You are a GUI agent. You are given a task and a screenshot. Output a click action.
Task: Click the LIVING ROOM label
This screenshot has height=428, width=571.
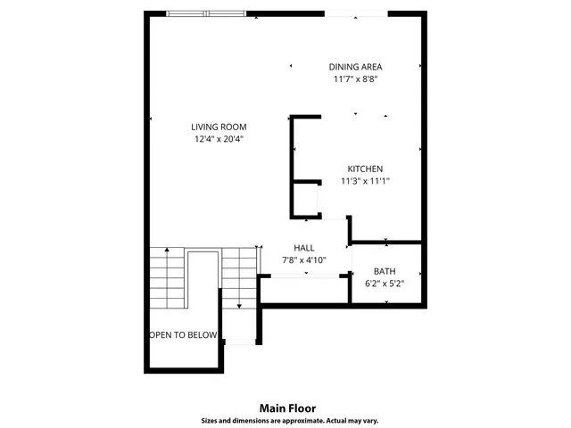(x=219, y=127)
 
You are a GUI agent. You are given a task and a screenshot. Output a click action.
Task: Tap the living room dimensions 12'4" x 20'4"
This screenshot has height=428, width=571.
(x=219, y=139)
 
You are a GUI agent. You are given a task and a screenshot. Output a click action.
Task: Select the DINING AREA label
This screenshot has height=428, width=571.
(x=356, y=67)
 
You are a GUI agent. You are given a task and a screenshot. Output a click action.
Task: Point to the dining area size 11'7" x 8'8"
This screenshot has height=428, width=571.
(x=356, y=79)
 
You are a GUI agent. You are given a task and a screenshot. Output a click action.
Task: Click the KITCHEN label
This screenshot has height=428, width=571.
(x=365, y=169)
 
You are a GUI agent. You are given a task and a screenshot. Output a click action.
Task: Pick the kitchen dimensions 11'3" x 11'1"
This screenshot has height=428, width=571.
(x=365, y=181)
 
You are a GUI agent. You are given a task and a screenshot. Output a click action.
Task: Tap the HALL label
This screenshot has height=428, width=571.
(x=304, y=248)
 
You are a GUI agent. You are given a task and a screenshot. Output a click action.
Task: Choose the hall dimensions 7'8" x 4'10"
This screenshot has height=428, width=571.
(x=304, y=260)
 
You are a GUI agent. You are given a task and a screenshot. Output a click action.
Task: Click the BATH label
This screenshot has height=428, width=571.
(x=385, y=271)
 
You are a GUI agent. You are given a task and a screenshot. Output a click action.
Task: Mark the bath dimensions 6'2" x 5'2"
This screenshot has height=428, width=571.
(x=385, y=284)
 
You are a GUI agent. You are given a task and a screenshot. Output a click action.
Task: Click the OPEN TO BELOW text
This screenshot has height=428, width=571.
(x=183, y=335)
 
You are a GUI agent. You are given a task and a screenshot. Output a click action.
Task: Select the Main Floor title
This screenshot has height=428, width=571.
(x=287, y=407)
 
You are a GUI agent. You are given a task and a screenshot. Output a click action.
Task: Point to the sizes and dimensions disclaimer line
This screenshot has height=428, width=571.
(x=287, y=419)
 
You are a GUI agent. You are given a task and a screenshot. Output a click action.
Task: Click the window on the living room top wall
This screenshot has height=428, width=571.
(x=207, y=14)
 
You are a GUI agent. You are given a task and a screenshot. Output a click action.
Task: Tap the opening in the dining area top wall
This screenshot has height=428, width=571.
(x=355, y=14)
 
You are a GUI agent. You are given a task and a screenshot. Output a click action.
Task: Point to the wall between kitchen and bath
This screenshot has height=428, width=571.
(x=385, y=242)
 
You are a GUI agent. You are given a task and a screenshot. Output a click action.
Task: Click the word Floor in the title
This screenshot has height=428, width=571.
(x=302, y=407)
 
